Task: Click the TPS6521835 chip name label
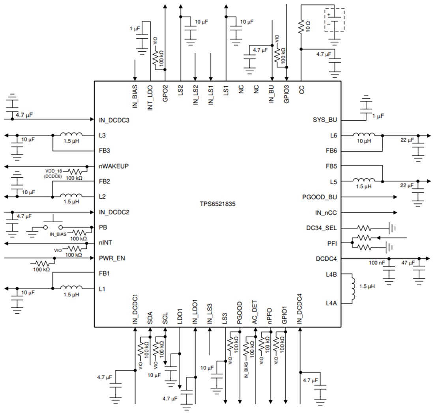pyautogui.click(x=217, y=205)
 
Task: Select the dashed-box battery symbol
pyautogui.click(x=334, y=20)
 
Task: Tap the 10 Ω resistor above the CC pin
pyautogui.click(x=301, y=26)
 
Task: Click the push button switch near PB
pyautogui.click(x=53, y=225)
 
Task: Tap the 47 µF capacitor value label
pyautogui.click(x=408, y=262)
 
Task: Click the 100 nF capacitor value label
pyautogui.click(x=376, y=262)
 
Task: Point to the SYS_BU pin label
pyautogui.click(x=325, y=120)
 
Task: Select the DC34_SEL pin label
pyautogui.click(x=322, y=228)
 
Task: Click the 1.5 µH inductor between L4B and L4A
pyautogui.click(x=352, y=288)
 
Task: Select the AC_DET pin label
pyautogui.click(x=254, y=313)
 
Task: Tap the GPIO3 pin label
pyautogui.click(x=287, y=95)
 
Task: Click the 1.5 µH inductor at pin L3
pyautogui.click(x=71, y=134)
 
